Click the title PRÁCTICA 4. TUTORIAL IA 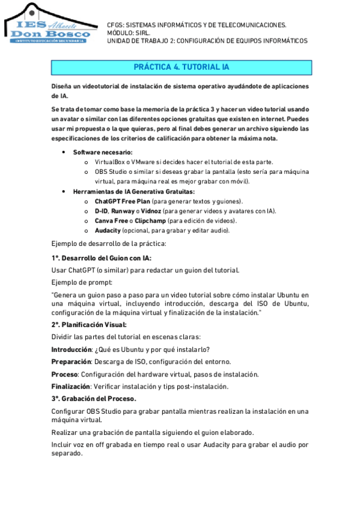pos(180,67)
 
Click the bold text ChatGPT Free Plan pos(122,201)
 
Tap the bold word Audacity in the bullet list pos(108,230)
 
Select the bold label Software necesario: pos(103,152)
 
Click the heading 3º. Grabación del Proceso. pos(94,399)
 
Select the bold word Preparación pos(71,361)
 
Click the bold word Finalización pos(70,386)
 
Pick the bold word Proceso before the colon pos(64,374)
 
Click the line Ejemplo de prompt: pos(82,282)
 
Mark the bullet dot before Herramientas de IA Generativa pos(64,191)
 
